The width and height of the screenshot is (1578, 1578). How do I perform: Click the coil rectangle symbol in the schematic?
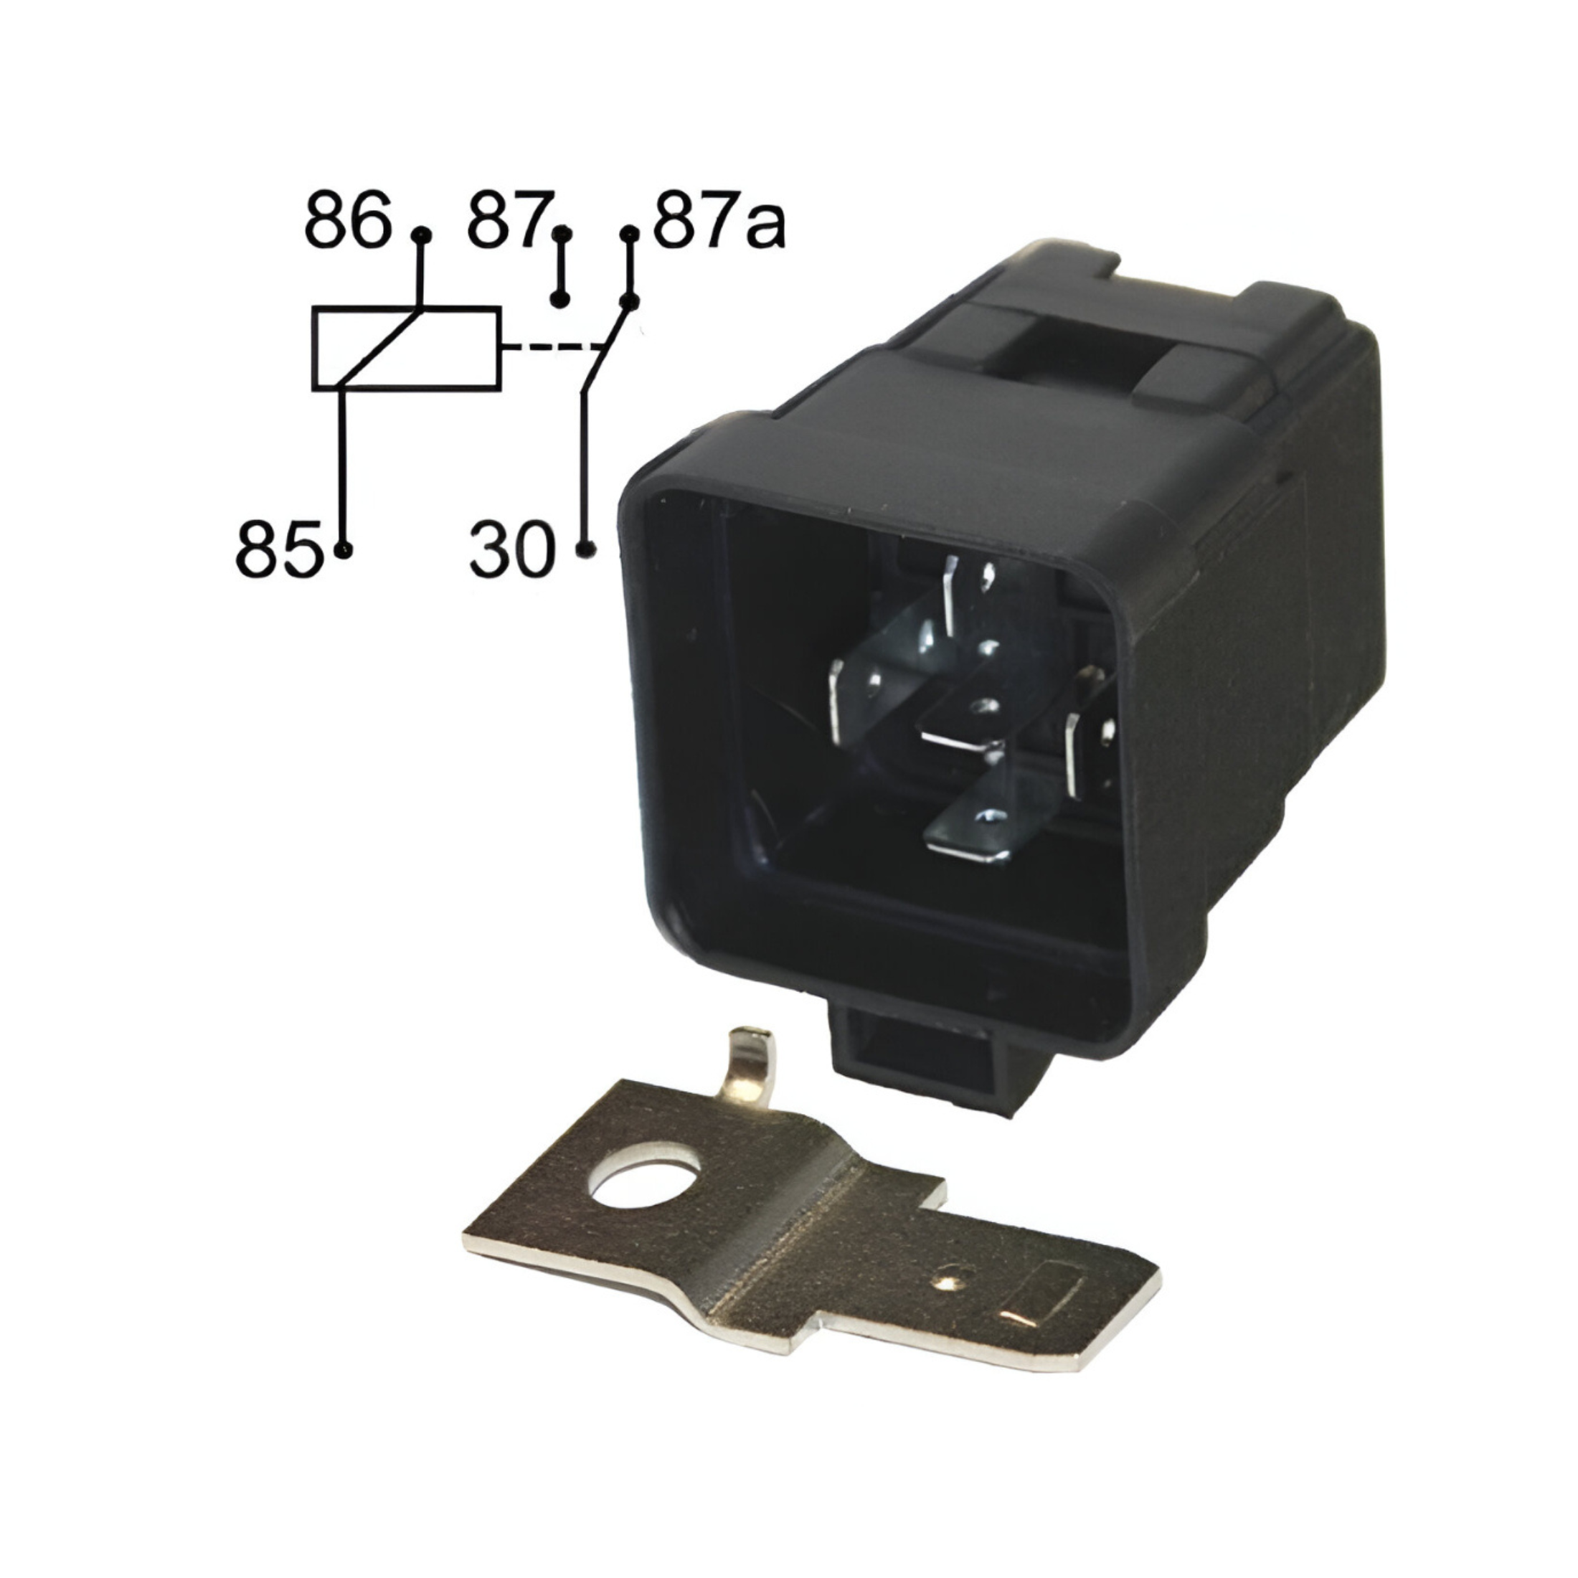406,348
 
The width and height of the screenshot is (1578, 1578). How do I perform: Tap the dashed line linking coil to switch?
552,348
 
